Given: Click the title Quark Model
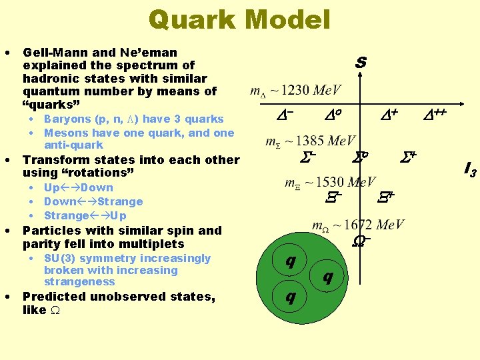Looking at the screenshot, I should (239, 19).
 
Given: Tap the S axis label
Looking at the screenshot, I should (361, 63).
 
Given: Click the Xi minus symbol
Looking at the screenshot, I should (333, 196).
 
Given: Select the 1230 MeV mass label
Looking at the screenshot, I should (296, 91).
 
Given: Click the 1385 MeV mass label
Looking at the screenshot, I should (311, 141).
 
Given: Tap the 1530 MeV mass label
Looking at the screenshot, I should (331, 182).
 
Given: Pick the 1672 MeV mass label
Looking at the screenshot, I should (358, 225).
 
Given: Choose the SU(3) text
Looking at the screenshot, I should (61, 258).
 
